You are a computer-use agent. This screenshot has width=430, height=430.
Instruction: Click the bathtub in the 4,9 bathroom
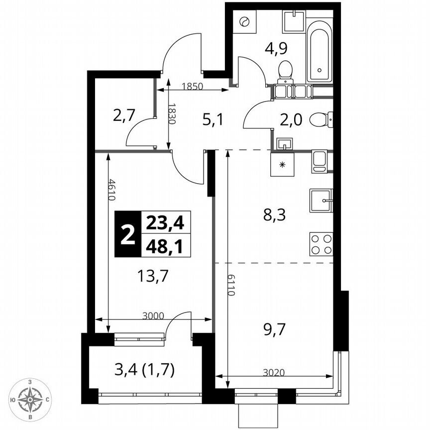click(319, 50)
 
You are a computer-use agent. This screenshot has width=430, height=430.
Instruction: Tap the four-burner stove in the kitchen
click(321, 244)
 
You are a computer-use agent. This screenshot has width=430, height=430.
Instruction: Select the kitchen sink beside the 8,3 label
click(321, 201)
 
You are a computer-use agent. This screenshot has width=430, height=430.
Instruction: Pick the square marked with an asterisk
click(282, 165)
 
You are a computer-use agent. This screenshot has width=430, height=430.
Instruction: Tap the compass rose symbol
click(31, 399)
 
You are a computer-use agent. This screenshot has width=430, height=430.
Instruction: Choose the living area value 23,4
click(165, 223)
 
